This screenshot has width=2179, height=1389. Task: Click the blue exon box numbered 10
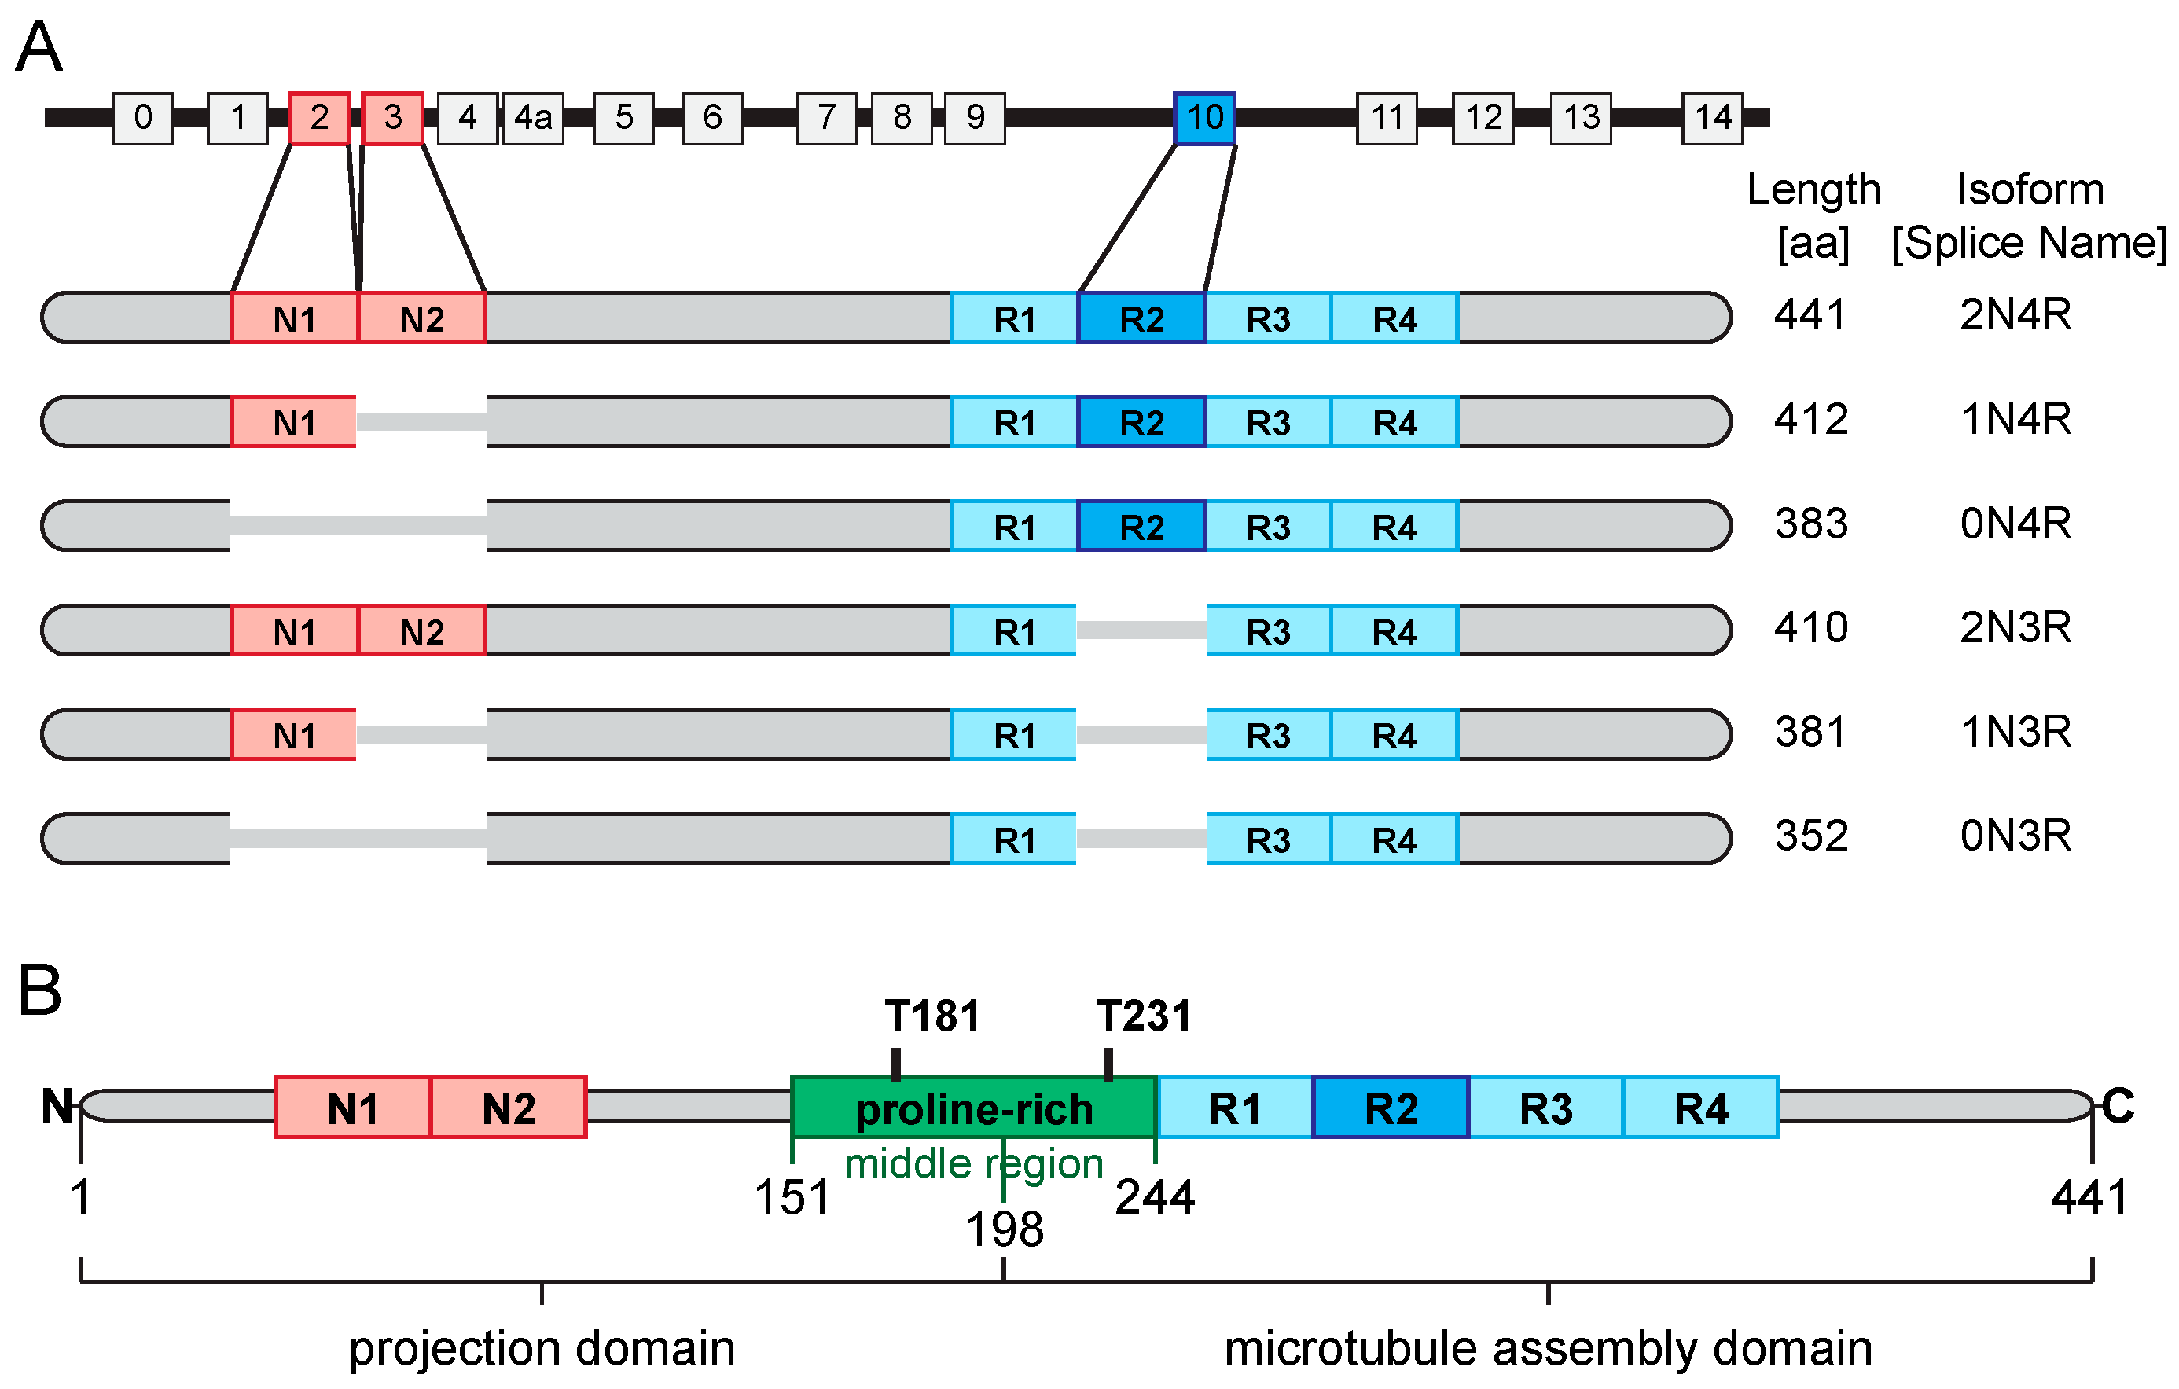(x=1203, y=118)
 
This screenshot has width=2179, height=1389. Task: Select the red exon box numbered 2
(x=318, y=118)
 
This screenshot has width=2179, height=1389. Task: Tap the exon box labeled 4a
(x=533, y=118)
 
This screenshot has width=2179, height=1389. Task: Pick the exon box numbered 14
(x=1712, y=118)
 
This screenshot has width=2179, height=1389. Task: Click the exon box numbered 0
(x=142, y=118)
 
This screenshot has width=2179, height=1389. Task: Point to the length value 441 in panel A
(x=1810, y=315)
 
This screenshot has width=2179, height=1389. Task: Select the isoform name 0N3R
(x=2015, y=836)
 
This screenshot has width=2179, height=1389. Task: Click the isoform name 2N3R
(x=2015, y=627)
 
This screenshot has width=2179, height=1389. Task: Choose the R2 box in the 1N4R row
(x=1141, y=421)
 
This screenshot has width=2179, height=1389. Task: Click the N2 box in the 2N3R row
(x=421, y=630)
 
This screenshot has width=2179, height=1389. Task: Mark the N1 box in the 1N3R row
(x=294, y=735)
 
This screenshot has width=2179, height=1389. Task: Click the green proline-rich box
(x=974, y=1108)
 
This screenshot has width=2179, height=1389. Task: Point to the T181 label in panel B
(x=932, y=1016)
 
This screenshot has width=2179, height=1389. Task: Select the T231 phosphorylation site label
(x=1144, y=1016)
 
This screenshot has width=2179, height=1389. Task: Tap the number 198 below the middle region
(x=1005, y=1229)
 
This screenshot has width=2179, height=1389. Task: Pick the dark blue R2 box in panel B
(x=1390, y=1108)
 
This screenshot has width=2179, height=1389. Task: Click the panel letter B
(x=40, y=990)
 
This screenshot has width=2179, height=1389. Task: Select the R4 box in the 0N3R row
(x=1394, y=839)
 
